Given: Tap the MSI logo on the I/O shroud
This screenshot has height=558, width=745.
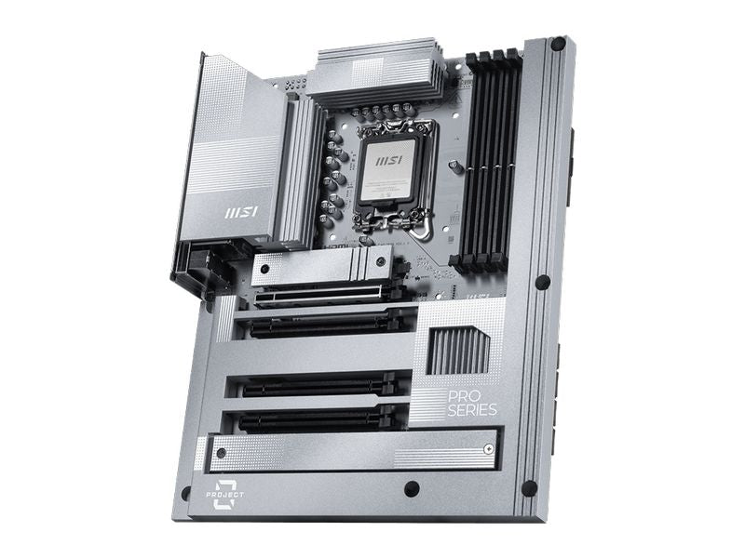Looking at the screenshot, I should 240,212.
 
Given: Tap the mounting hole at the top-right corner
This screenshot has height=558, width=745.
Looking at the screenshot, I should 558,44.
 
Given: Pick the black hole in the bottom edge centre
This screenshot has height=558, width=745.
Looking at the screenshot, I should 411,488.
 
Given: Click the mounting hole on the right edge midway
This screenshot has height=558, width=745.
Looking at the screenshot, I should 542,282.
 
